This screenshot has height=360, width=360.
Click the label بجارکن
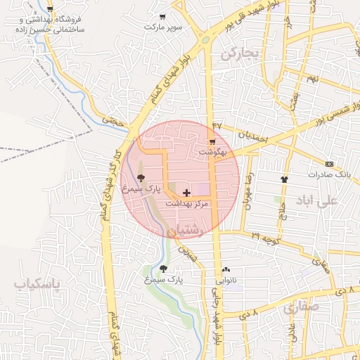point(239,53)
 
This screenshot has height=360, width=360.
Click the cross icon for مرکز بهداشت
point(186,192)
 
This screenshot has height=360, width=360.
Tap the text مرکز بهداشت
point(188,203)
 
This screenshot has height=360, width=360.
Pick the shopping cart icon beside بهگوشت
point(212,141)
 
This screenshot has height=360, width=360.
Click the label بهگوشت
point(213,151)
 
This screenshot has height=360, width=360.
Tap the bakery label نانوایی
point(226,280)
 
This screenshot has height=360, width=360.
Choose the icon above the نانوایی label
point(226,269)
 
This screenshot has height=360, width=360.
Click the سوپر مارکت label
point(163,26)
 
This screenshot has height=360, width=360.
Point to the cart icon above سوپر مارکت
point(163,16)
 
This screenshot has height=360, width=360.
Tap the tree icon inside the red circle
point(141,177)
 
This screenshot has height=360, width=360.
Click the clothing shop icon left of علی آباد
point(285,179)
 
